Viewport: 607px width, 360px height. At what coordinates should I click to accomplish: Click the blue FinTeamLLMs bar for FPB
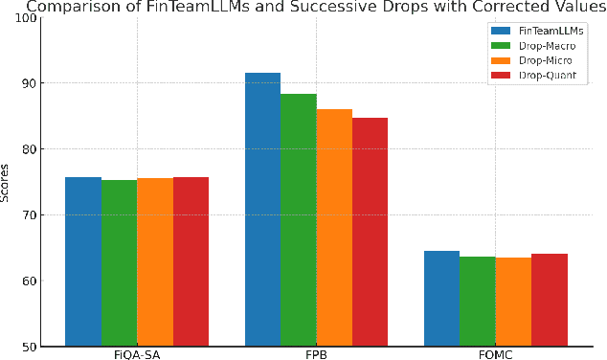point(262,210)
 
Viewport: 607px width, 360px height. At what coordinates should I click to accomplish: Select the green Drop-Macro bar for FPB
point(299,220)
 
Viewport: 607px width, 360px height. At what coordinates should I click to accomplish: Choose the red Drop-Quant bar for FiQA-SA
point(191,261)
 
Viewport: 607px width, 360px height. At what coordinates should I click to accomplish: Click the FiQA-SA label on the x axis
point(136,354)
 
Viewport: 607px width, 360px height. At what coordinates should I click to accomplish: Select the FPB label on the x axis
point(316,354)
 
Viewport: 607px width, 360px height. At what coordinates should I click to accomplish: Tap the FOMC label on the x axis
point(496,354)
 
